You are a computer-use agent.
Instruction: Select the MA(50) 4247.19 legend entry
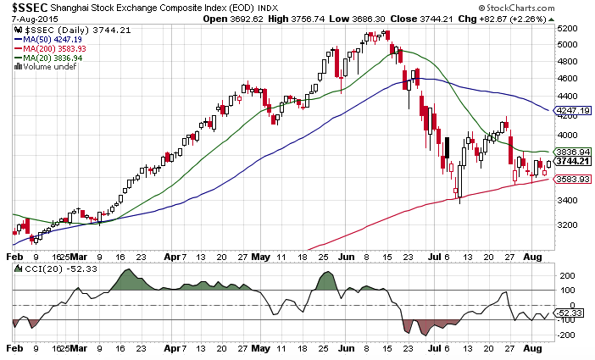tap(50, 39)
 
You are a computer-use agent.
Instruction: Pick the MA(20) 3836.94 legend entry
tap(50, 58)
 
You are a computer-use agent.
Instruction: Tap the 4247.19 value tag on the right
tap(573, 111)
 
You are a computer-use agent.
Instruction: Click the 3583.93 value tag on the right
tap(573, 179)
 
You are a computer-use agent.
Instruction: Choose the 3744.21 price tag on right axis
tap(573, 161)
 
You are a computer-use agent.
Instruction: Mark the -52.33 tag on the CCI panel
tap(570, 313)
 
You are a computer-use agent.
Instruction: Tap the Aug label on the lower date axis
tap(533, 347)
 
